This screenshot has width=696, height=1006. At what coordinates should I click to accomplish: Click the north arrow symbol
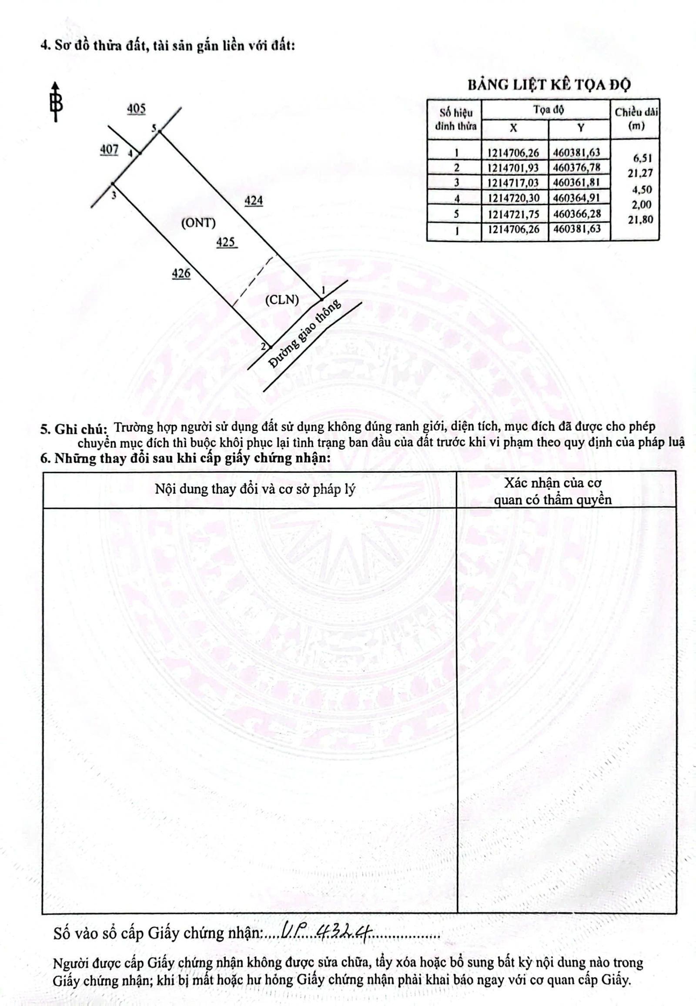[x=56, y=102]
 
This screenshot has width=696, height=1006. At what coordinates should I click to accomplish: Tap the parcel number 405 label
[x=136, y=109]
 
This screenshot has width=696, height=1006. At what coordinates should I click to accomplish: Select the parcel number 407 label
[x=109, y=149]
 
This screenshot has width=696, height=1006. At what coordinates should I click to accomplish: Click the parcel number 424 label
[x=253, y=200]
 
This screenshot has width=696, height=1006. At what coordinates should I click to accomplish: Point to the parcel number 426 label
[x=181, y=273]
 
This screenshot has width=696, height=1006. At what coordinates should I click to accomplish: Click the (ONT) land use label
[x=198, y=223]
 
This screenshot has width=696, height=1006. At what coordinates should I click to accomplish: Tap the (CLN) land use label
[x=282, y=300]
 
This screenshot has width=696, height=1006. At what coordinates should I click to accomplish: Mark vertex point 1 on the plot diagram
[x=321, y=299]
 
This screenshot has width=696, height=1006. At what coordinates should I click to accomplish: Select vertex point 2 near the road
[x=270, y=347]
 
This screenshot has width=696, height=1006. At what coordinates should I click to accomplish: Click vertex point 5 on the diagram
[x=160, y=131]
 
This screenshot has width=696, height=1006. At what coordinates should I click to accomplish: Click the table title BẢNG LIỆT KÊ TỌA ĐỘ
[x=549, y=85]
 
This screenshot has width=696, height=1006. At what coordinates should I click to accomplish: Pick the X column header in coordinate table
[x=514, y=128]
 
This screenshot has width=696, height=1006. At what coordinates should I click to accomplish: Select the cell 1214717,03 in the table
[x=514, y=183]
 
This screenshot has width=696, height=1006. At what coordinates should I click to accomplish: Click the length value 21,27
[x=640, y=173]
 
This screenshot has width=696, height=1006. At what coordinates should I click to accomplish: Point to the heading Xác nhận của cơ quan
[x=552, y=491]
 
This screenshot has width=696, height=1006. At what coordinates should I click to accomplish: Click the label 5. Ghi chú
[x=74, y=429]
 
